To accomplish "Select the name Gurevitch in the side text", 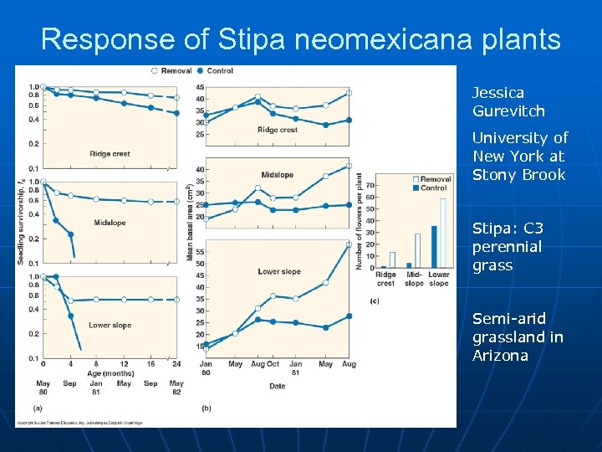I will [508, 111].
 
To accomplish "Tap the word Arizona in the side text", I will [500, 356].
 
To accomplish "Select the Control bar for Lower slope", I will [434, 246].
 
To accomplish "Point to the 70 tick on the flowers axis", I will [370, 185].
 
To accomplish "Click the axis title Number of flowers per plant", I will [360, 221].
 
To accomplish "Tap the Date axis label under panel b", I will [277, 386].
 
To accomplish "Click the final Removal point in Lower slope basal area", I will [349, 244].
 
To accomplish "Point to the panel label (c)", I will [374, 300].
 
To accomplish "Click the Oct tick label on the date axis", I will [273, 364].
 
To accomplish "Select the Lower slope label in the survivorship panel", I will [110, 325].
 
